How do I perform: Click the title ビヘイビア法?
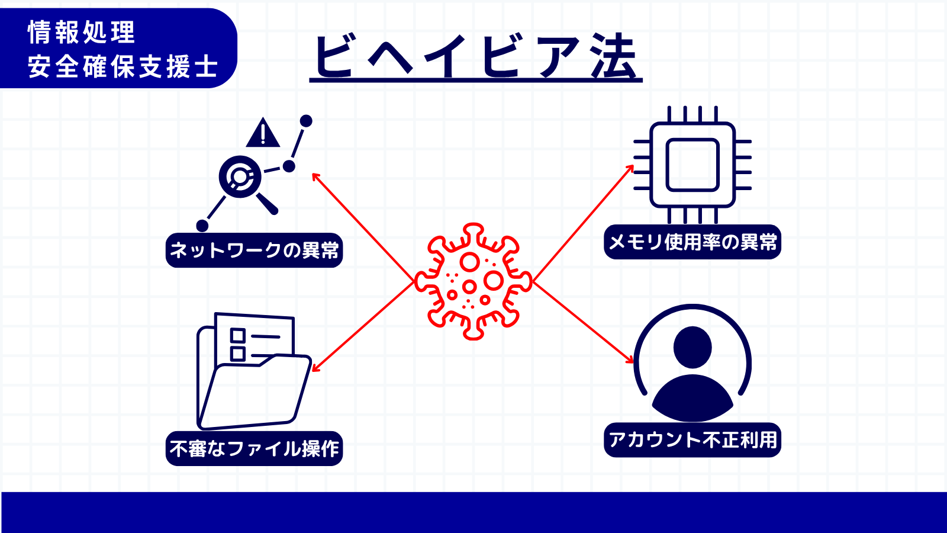pos(476,56)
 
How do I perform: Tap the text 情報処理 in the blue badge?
pos(81,32)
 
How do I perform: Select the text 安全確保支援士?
pos(123,66)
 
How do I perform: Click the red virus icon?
pos(473,281)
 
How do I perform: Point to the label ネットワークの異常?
pos(254,250)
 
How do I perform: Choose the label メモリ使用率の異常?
pos(692,242)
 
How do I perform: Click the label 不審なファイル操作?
pos(254,448)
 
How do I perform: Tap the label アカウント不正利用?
pos(692,440)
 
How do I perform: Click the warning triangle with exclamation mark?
pos(263,133)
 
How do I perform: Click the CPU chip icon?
pos(692,165)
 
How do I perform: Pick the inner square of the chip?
pos(692,165)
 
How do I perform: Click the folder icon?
pos(254,371)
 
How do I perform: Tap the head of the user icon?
pos(692,347)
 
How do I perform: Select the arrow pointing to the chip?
pos(584,223)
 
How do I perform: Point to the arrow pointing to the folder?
pos(363,327)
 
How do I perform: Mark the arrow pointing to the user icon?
pos(584,322)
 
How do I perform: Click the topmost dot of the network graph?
pos(306,121)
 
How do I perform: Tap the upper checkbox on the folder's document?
pos(237,335)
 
